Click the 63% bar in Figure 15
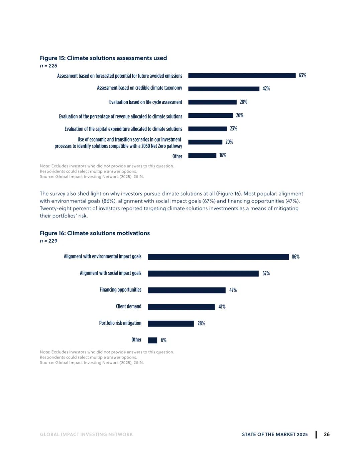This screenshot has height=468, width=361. click(242, 76)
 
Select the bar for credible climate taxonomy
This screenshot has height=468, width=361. click(224, 89)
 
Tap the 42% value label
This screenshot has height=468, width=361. click(266, 88)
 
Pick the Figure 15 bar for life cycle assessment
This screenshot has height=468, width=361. click(213, 102)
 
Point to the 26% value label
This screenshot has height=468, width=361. click(240, 115)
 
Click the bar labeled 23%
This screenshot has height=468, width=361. click(208, 129)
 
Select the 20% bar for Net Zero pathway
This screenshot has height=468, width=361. click(205, 142)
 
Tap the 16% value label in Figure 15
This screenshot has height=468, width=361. click(223, 155)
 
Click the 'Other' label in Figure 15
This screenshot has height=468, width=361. click(177, 156)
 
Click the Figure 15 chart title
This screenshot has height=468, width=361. click(103, 58)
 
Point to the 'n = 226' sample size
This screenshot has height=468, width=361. click(48, 66)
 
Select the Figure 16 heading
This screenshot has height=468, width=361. click(95, 233)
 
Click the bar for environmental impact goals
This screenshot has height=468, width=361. click(218, 257)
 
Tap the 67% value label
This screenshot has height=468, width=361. click(266, 274)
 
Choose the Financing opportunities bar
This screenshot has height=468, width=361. click(187, 290)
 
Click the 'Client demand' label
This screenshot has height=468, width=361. click(129, 306)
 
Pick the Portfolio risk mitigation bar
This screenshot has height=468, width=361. click(171, 324)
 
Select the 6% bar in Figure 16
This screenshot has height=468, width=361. click(152, 340)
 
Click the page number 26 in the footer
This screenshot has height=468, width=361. click(327, 435)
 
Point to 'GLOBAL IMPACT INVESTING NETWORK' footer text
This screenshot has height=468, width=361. click(86, 435)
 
